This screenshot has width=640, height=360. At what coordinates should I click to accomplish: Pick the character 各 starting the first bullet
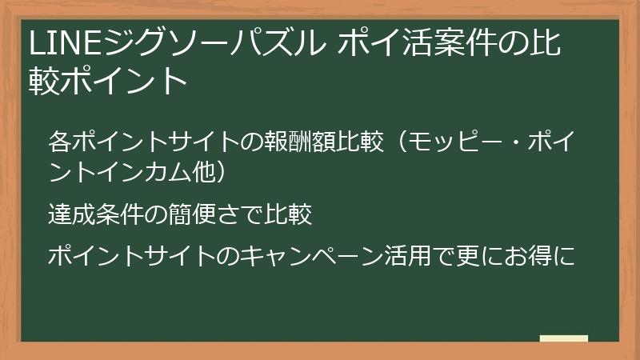[58, 142]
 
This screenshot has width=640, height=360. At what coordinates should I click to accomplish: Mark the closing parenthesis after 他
[226, 170]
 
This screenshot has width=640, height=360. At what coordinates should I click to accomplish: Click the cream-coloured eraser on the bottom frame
[563, 339]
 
